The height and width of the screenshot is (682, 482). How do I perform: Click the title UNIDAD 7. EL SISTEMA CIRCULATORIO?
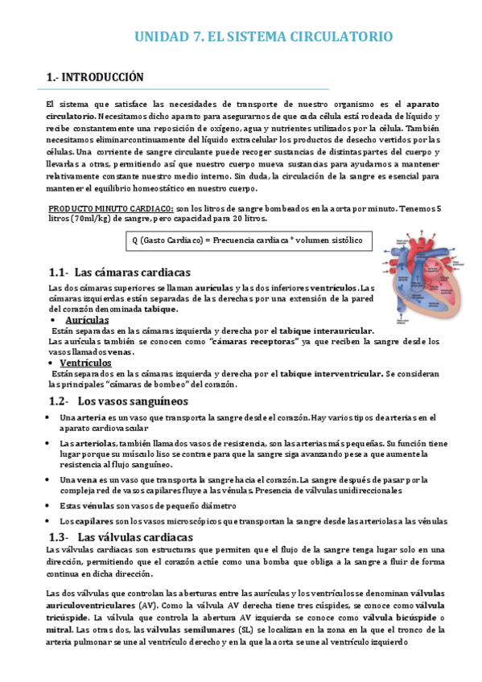pyautogui.click(x=262, y=37)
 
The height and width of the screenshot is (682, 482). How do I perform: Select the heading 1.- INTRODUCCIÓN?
pyautogui.click(x=95, y=77)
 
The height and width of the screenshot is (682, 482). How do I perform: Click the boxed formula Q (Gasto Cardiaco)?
pyautogui.click(x=247, y=240)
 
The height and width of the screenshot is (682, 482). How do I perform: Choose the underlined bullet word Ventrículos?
pyautogui.click(x=90, y=363)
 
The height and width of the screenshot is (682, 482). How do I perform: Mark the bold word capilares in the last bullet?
pyautogui.click(x=90, y=520)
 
